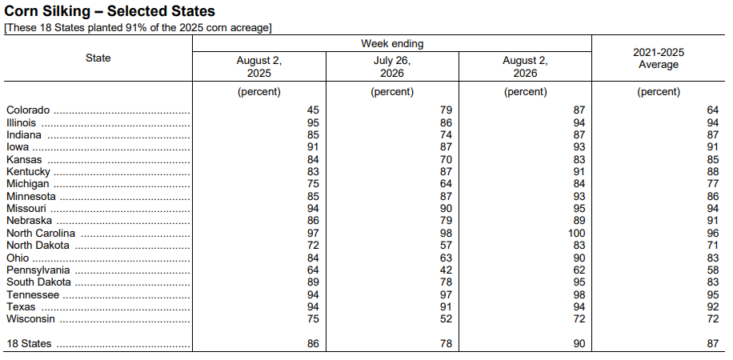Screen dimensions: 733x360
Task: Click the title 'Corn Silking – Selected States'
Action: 110,10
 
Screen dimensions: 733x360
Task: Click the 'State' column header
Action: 98,58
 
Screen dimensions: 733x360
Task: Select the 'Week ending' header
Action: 392,43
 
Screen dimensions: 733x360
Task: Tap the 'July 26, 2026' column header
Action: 392,67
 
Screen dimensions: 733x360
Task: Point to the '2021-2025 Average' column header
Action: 659,58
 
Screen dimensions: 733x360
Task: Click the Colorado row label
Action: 28,110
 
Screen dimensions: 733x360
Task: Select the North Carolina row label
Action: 41,234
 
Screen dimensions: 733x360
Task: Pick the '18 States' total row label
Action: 29,344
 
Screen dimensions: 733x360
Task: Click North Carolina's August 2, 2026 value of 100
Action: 576,234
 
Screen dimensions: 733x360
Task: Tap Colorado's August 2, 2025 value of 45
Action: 313,110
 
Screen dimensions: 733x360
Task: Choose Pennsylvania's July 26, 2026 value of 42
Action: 446,270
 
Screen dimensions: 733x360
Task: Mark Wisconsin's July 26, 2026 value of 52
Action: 446,319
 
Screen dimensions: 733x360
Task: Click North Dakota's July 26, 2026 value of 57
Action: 446,246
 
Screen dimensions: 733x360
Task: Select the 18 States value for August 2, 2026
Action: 579,344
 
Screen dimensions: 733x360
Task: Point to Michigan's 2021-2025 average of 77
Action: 712,184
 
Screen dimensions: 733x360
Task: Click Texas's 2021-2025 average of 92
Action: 712,307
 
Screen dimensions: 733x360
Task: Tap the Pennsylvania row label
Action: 38,270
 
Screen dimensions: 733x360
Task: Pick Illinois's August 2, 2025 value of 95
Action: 313,123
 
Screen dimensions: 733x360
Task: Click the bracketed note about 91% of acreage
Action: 138,27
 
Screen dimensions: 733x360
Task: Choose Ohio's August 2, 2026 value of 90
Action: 579,258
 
